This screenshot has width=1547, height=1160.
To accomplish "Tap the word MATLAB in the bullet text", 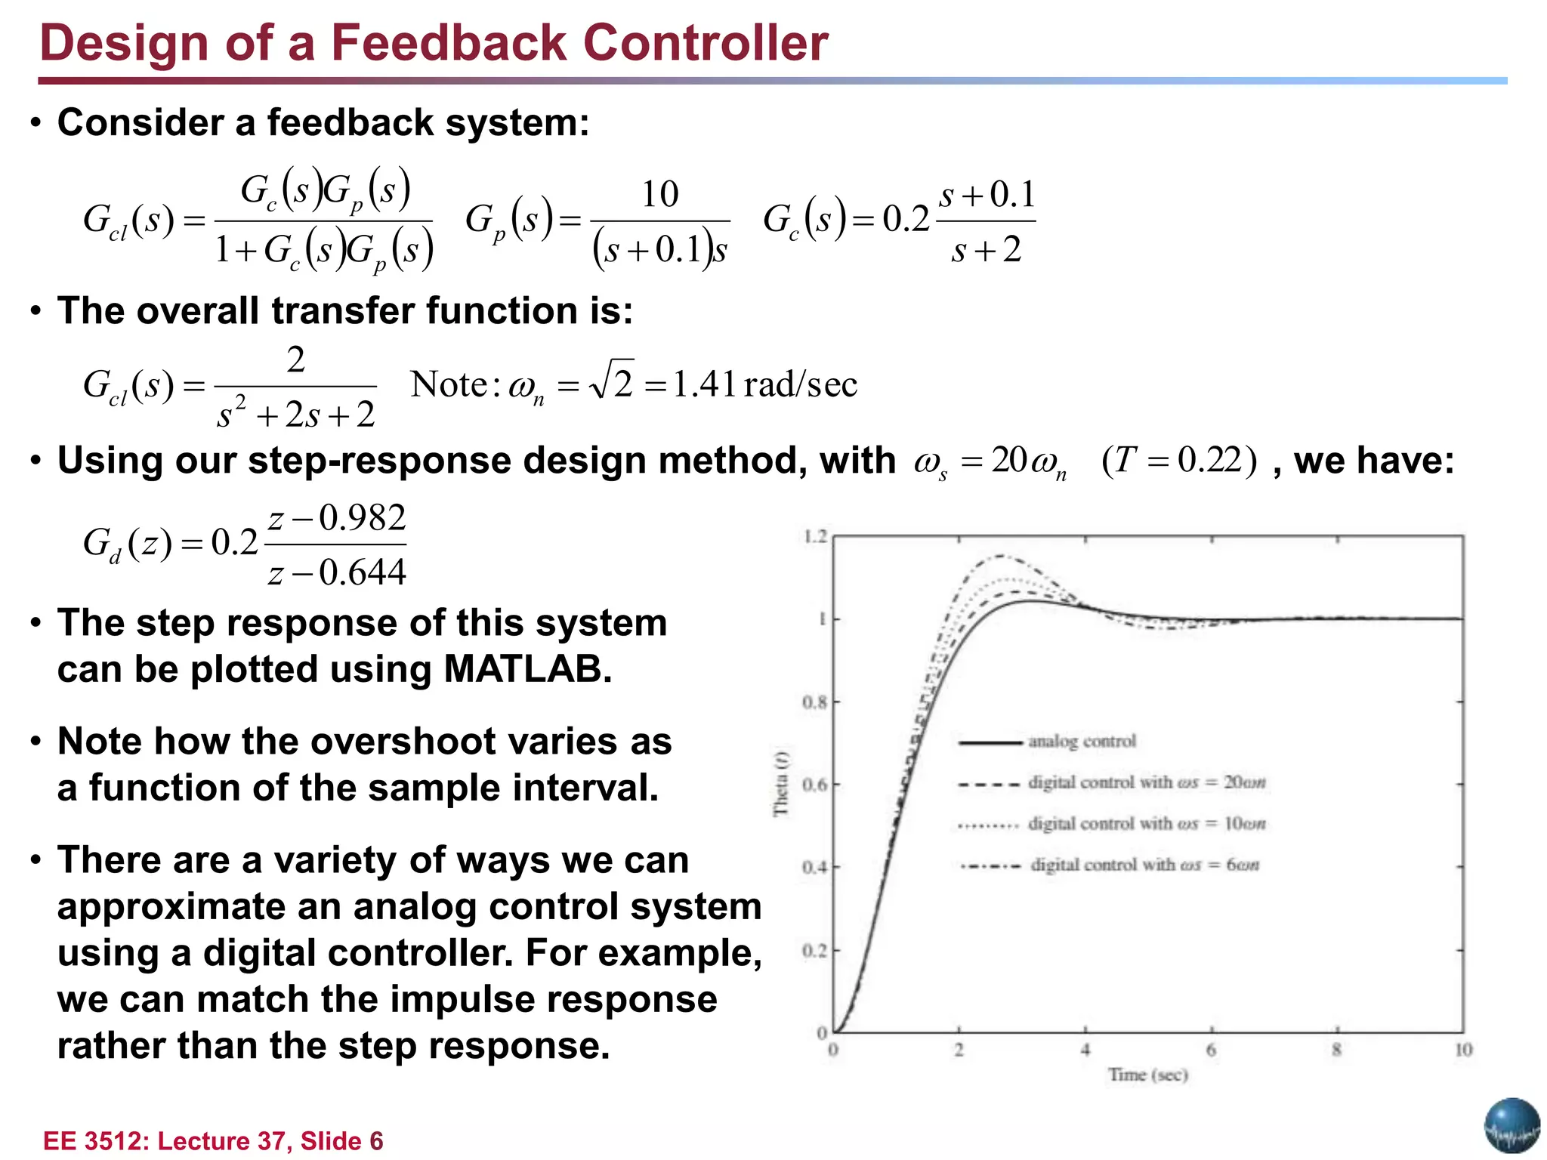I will (x=526, y=669).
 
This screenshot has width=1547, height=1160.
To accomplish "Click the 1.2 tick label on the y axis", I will (x=815, y=537).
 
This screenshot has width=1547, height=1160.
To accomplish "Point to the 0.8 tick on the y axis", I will (x=815, y=702).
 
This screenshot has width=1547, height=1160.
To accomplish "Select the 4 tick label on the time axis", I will (x=1085, y=1050).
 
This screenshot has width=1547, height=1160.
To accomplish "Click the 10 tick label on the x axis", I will (x=1463, y=1050).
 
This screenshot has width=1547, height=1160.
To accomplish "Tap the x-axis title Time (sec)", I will (x=1147, y=1075).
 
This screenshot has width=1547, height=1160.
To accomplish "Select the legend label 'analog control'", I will (x=1082, y=742).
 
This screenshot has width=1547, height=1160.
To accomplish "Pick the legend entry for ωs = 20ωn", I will (x=1146, y=782).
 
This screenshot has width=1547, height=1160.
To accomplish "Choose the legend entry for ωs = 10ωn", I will (x=1146, y=823).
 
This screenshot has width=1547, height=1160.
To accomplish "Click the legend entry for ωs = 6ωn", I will (x=1144, y=865).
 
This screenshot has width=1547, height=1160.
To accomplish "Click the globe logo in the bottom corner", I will (x=1511, y=1125).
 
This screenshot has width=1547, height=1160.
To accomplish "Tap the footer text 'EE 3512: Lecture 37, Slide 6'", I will (x=213, y=1140).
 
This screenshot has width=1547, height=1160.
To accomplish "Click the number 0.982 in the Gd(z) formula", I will (x=362, y=519).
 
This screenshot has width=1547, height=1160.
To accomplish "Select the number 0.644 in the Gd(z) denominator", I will (x=362, y=572).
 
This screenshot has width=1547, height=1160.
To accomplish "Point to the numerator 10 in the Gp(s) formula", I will (x=659, y=195).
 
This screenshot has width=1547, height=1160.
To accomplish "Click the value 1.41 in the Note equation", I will (x=704, y=384).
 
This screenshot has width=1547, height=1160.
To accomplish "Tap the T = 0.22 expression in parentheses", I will (x=1179, y=460).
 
